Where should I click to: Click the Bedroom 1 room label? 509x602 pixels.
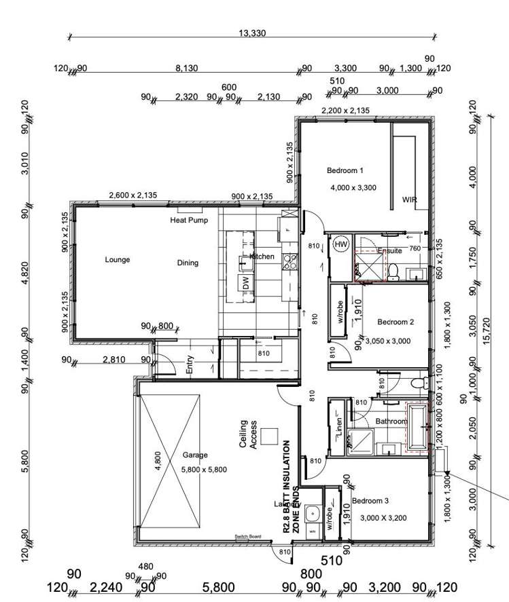coord(345,170)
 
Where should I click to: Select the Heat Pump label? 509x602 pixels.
coord(188,221)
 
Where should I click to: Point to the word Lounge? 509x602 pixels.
coord(118,259)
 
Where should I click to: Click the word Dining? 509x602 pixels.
coord(188,263)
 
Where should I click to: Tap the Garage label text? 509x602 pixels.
coord(195,455)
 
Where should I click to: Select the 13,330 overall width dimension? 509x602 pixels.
coord(252,33)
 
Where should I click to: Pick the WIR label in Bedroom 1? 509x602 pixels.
coord(410,200)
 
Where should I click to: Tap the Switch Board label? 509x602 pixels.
coord(248,536)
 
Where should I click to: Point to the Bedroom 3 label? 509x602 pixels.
coord(370,500)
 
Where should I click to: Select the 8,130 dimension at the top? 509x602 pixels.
coord(187,68)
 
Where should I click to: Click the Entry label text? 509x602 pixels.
coord(190,365)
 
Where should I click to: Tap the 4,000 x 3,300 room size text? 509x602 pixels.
coord(353,187)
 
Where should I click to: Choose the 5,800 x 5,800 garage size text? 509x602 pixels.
coord(204,469)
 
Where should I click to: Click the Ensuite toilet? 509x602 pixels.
coord(393,271)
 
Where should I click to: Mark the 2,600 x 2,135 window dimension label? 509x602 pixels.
coord(133,195)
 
